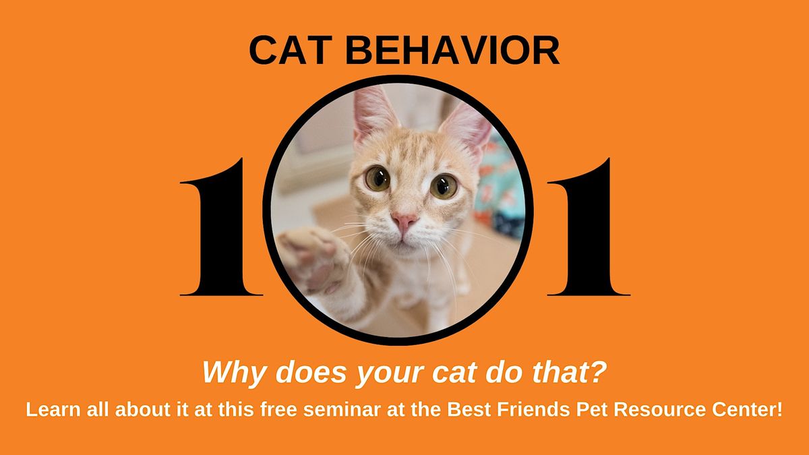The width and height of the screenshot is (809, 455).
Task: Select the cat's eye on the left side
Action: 378,178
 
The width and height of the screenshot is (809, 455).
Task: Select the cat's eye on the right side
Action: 443,185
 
